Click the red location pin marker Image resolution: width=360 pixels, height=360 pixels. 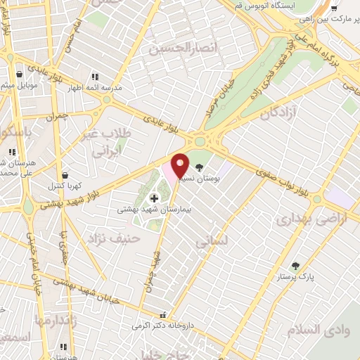tap(180, 165)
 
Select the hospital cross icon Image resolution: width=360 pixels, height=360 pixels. tap(155, 199)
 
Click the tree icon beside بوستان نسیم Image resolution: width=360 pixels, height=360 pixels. tap(199, 167)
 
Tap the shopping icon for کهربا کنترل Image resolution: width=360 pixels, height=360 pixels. tap(65, 175)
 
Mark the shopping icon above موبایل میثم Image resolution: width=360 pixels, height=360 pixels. tap(19, 73)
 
